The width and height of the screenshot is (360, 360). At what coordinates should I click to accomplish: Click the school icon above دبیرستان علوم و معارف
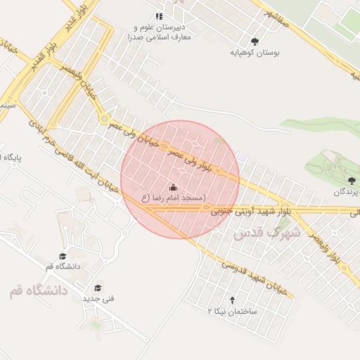[x=159, y=15]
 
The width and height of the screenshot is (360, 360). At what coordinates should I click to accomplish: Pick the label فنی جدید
[x=98, y=299]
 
